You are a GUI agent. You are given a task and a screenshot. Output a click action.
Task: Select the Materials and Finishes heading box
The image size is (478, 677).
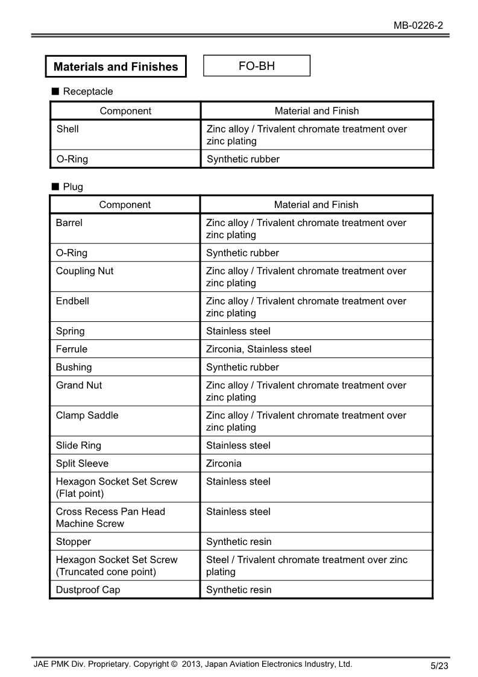(116, 67)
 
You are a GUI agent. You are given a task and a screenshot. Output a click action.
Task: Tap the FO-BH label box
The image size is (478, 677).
(257, 66)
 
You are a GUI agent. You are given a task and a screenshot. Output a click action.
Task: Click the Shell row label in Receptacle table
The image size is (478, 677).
(68, 129)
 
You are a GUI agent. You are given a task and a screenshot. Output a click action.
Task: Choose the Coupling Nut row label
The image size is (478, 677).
(84, 271)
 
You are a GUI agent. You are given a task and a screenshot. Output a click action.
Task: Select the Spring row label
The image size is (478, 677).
(71, 331)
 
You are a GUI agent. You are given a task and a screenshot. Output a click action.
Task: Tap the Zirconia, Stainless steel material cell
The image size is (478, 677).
(259, 349)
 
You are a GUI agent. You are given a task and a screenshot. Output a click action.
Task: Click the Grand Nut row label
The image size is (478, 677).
(79, 385)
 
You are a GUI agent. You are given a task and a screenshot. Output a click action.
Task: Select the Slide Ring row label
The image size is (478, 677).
(78, 446)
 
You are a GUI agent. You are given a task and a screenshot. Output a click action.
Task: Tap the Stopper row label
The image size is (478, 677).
(74, 541)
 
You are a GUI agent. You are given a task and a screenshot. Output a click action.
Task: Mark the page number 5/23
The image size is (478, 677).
(439, 666)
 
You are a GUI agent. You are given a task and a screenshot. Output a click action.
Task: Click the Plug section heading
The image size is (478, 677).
(72, 187)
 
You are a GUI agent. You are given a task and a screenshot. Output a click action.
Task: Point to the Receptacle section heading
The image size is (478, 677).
(87, 92)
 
